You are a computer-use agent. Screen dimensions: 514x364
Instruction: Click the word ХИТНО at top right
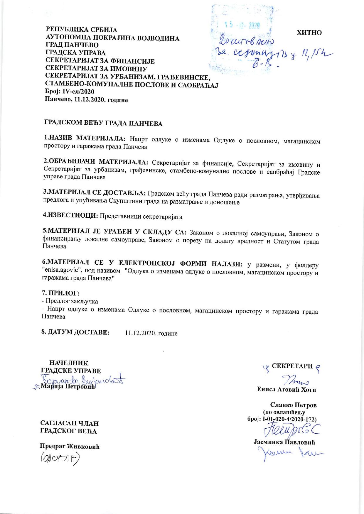[309, 33]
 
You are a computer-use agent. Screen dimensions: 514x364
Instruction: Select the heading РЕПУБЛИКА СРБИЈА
[81, 30]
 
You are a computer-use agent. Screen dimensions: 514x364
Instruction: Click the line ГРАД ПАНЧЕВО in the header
[72, 45]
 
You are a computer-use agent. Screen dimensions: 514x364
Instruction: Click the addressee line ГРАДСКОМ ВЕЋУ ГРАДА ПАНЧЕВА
[103, 123]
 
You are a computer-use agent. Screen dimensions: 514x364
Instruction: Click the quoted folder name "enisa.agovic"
[66, 271]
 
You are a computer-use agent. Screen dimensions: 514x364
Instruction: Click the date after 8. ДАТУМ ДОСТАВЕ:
[151, 333]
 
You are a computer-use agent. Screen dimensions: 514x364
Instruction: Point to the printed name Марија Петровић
[68, 386]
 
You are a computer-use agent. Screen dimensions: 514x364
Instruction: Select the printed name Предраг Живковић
[70, 447]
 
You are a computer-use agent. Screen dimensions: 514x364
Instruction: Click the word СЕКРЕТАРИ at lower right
[292, 366]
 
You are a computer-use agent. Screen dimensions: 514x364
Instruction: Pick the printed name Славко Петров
[293, 405]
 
